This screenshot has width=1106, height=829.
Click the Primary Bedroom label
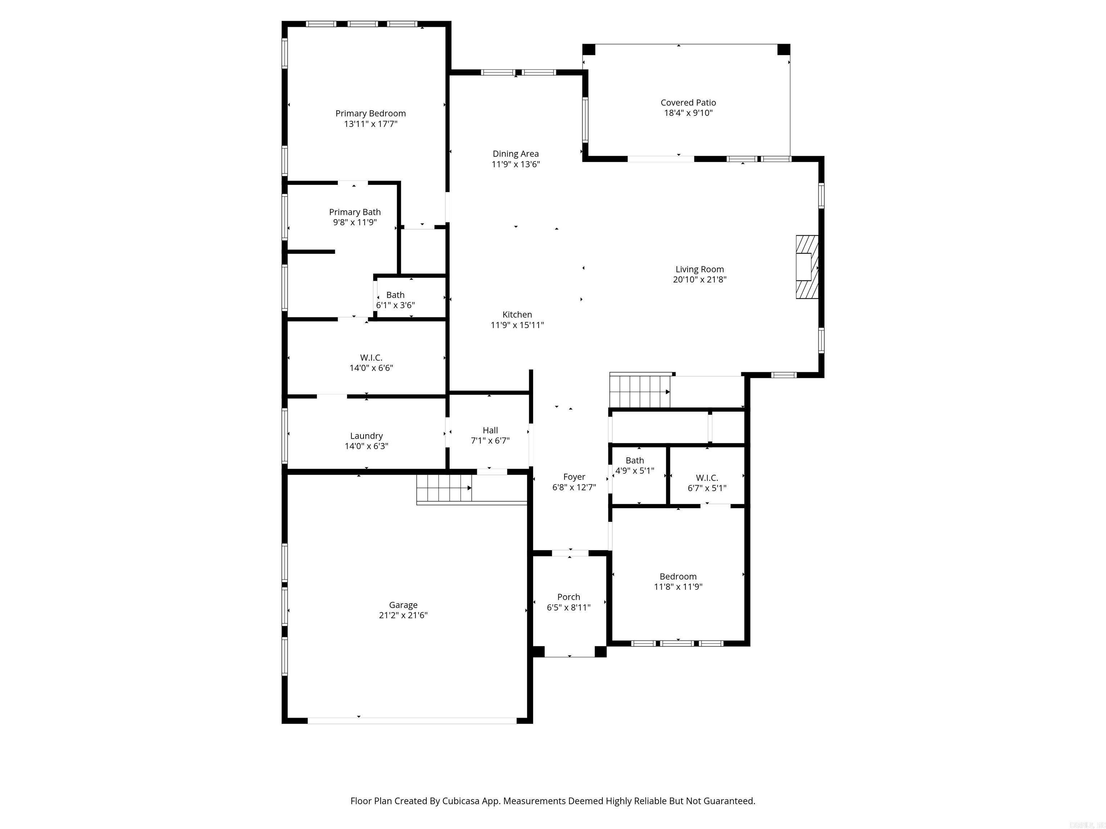click(x=370, y=113)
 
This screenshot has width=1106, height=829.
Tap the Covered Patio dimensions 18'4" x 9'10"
click(x=688, y=113)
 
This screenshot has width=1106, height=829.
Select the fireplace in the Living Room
click(x=806, y=267)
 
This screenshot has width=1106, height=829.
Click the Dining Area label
click(x=516, y=154)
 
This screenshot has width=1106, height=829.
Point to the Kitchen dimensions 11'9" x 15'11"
click(x=517, y=325)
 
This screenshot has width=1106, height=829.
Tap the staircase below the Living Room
click(x=639, y=391)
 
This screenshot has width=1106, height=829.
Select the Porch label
click(x=568, y=597)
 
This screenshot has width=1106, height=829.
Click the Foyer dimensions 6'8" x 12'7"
click(x=574, y=487)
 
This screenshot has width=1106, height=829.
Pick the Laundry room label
click(x=366, y=436)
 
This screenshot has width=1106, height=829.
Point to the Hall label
click(x=490, y=430)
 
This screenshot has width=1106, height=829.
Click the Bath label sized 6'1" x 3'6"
click(x=395, y=295)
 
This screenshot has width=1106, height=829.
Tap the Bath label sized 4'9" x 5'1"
click(x=634, y=460)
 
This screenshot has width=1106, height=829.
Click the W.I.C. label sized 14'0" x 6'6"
click(x=371, y=357)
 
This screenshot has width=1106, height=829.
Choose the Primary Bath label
click(x=355, y=212)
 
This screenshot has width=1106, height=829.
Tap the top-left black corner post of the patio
click(x=589, y=49)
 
